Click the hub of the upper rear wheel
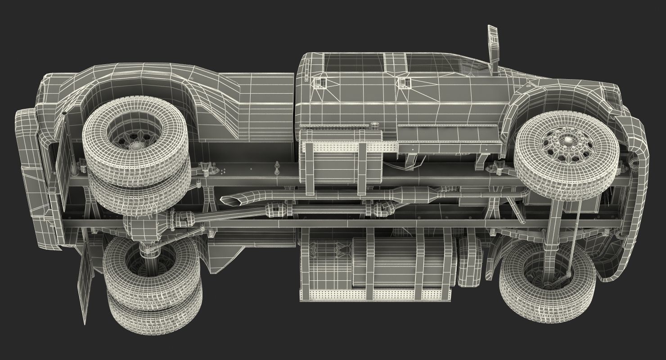(135, 146)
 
